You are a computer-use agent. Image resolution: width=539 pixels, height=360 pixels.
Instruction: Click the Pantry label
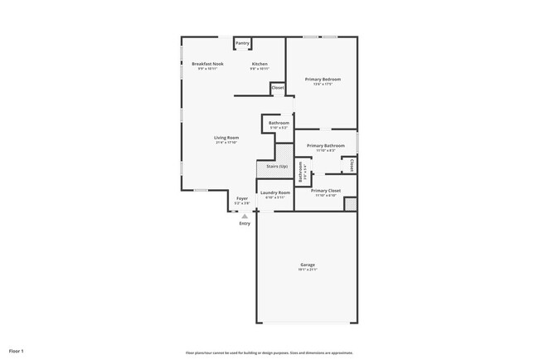point(242,43)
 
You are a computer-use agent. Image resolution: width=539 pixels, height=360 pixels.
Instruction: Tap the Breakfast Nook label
point(207,64)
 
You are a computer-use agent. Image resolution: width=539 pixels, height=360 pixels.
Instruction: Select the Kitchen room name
point(260,64)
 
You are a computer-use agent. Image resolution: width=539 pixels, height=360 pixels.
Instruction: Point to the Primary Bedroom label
point(323,80)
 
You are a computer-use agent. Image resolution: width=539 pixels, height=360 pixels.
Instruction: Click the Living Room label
point(226,138)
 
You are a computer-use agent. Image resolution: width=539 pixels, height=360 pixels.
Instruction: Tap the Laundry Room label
point(274,192)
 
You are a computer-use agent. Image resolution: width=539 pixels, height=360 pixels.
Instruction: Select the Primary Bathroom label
point(325,146)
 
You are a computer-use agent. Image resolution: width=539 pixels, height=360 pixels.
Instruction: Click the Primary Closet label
point(323,191)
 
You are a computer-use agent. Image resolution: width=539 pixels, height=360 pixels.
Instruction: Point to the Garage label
point(308,265)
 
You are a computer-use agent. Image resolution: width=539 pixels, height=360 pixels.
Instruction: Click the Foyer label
point(242,199)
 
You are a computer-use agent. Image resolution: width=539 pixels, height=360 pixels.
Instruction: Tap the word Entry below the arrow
point(244,224)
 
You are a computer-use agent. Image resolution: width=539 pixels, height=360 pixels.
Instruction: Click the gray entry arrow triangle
point(244,216)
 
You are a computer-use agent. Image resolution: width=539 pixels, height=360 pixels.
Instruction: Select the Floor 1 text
point(17,351)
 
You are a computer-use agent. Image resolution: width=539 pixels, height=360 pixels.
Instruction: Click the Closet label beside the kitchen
point(277,88)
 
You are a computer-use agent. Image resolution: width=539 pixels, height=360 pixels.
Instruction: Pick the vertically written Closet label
point(352,165)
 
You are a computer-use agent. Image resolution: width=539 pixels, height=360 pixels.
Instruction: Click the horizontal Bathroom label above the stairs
point(279,123)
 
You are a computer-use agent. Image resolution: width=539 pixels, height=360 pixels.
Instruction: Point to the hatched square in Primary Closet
point(350,204)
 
